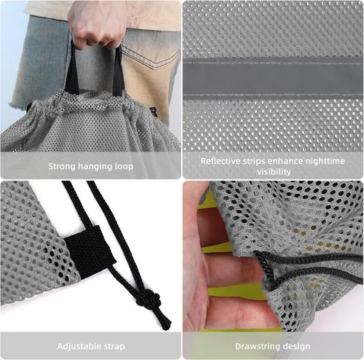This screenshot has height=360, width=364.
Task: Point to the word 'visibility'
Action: point(274,172)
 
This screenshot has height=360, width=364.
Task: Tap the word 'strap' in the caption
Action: point(114,347)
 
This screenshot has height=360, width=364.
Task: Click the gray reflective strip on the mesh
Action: point(273,79)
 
